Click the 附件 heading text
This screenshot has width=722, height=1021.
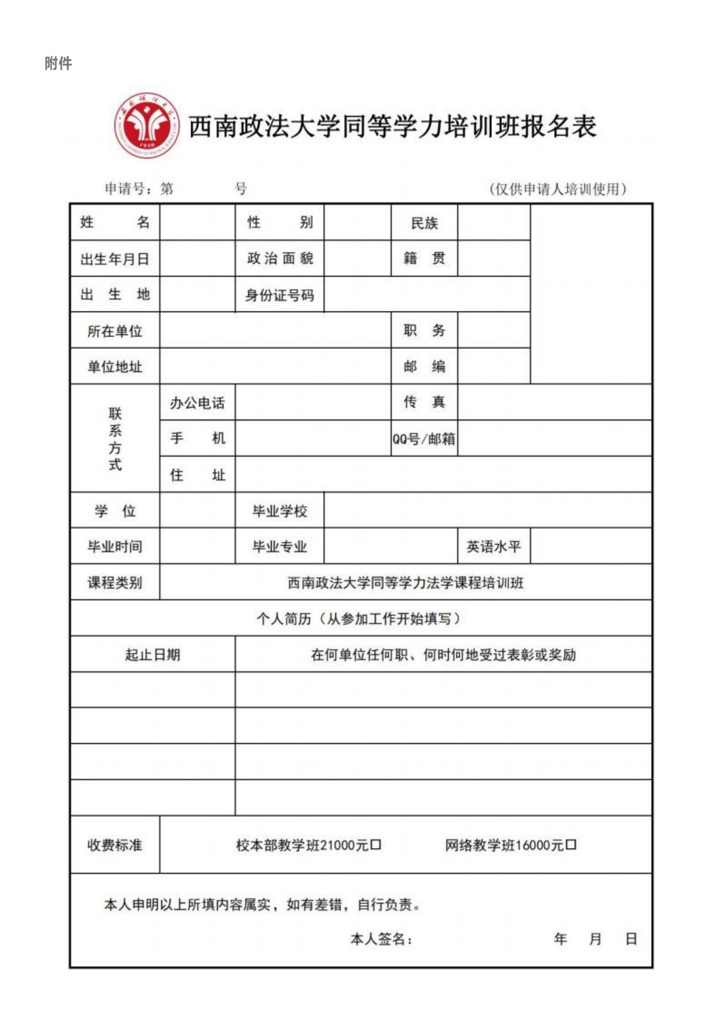click(58, 63)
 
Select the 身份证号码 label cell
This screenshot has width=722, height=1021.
click(279, 295)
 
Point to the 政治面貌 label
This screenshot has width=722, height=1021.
click(279, 258)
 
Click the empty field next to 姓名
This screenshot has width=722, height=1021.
click(197, 222)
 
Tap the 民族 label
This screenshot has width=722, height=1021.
click(424, 223)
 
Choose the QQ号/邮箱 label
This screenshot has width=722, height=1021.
click(424, 438)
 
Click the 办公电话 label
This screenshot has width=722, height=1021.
click(197, 402)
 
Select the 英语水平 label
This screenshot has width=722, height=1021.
click(494, 546)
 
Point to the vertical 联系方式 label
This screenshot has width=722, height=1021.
click(115, 438)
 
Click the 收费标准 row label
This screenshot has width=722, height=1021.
click(115, 845)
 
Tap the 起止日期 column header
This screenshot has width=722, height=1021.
click(152, 654)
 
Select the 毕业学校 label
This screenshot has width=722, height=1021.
click(279, 511)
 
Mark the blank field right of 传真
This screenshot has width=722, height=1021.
click(554, 402)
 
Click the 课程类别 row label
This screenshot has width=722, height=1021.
click(115, 582)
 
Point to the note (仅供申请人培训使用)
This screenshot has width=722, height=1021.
click(558, 189)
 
